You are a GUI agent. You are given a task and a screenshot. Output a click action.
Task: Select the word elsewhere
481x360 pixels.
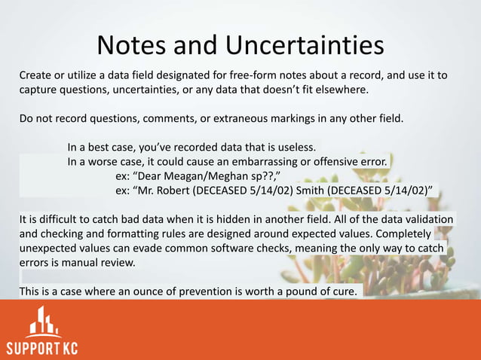(342, 90)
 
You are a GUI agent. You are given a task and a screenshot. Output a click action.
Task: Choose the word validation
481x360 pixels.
(427, 219)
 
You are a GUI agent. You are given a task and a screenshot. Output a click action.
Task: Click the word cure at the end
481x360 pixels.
(345, 291)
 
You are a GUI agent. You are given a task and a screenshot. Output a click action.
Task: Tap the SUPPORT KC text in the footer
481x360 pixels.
(42, 348)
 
